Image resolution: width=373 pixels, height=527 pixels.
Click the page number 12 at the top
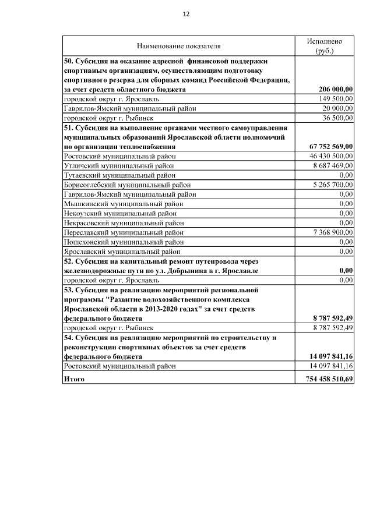pos(186,13)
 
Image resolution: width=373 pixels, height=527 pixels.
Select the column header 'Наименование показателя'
pos(179,46)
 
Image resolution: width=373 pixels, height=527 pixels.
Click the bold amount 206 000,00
pos(336,90)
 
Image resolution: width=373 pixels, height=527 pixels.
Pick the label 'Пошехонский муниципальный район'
pos(124,241)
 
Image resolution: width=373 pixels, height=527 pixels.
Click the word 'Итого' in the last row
pos(74,379)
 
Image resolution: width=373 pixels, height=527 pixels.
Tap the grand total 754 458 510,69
pos(330,379)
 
